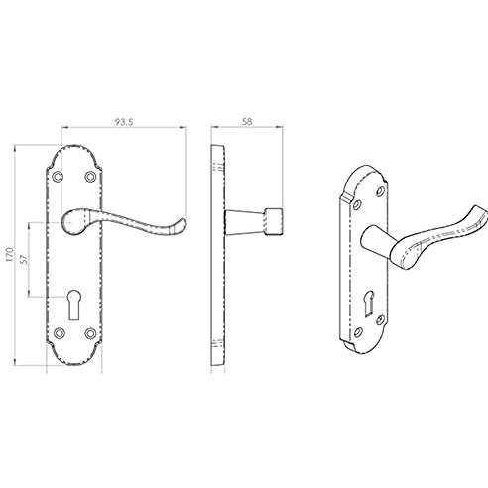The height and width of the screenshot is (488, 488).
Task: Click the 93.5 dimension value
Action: pos(124,122)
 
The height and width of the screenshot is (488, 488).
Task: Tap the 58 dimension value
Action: pos(247,122)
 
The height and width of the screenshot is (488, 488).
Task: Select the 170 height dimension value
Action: pos(10,255)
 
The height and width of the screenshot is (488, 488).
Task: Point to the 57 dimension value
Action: pos(24,259)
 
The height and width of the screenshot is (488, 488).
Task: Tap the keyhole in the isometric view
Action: pos(371,299)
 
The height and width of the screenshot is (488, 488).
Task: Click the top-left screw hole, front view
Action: pos(59,177)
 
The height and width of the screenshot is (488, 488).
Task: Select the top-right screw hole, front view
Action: pos(90,177)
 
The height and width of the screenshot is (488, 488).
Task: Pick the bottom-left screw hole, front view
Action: pos(60,333)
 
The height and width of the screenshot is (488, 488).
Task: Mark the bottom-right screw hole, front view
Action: pos(90,333)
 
